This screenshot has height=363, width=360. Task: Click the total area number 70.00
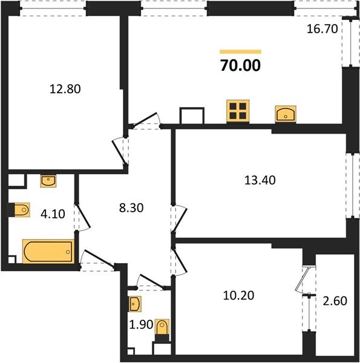(x=240, y=65)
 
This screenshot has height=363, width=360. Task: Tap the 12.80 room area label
(x=65, y=89)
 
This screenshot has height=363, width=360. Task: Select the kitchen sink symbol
(x=285, y=113)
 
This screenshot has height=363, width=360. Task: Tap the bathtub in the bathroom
(x=48, y=251)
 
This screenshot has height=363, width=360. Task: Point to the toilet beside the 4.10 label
(x=20, y=209)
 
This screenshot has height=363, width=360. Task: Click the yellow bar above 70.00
(x=240, y=52)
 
